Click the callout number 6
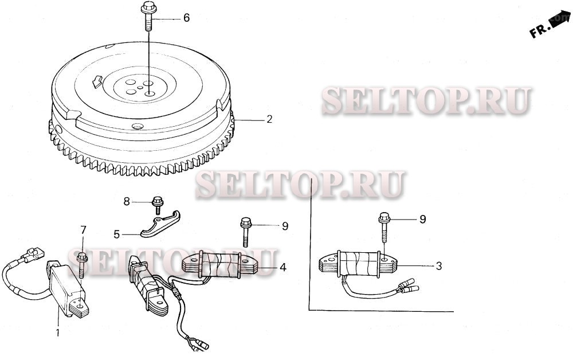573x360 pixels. tap(186, 18)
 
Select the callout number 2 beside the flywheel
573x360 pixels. tap(269, 120)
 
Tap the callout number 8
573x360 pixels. tap(127, 201)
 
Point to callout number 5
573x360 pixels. tap(117, 234)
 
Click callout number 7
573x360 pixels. tap(83, 230)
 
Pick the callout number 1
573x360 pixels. tap(57, 332)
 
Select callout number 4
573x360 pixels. tap(282, 267)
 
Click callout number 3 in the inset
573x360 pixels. tap(439, 265)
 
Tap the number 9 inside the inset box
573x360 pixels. tap(423, 219)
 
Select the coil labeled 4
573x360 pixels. tap(220, 264)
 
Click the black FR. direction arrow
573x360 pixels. tap(559, 21)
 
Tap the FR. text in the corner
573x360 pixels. tap(539, 32)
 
